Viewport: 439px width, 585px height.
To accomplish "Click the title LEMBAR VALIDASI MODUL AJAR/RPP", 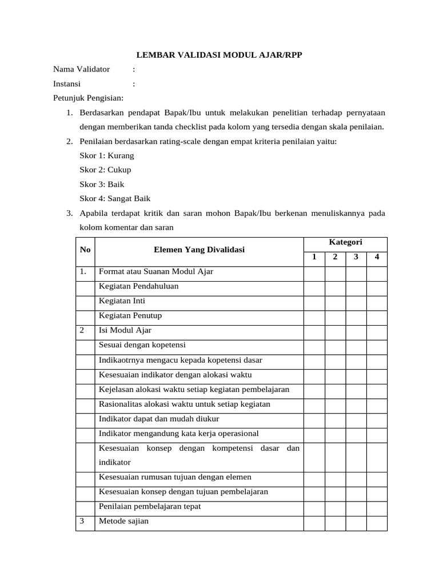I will click(219, 55).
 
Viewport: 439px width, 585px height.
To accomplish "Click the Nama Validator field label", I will click(81, 70).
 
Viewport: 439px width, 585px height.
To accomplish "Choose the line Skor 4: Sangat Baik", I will click(115, 198).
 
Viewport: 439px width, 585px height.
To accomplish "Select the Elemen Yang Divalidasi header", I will click(199, 250).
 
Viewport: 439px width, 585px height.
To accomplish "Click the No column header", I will click(85, 250).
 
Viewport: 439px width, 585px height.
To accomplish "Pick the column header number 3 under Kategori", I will click(356, 257).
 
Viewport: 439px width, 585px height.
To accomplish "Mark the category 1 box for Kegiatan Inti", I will click(314, 301).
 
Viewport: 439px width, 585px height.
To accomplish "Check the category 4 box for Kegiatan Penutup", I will click(376, 315).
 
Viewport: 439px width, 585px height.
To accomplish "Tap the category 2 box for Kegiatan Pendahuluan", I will click(335, 286).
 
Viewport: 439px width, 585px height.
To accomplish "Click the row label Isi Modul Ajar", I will click(125, 330).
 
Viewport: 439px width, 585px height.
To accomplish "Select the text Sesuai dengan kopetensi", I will click(142, 345).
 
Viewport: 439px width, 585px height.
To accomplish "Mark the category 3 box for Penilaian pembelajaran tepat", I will click(356, 507).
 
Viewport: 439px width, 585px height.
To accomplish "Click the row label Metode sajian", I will click(123, 521).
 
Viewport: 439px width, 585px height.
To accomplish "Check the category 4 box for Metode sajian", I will click(376, 522).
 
